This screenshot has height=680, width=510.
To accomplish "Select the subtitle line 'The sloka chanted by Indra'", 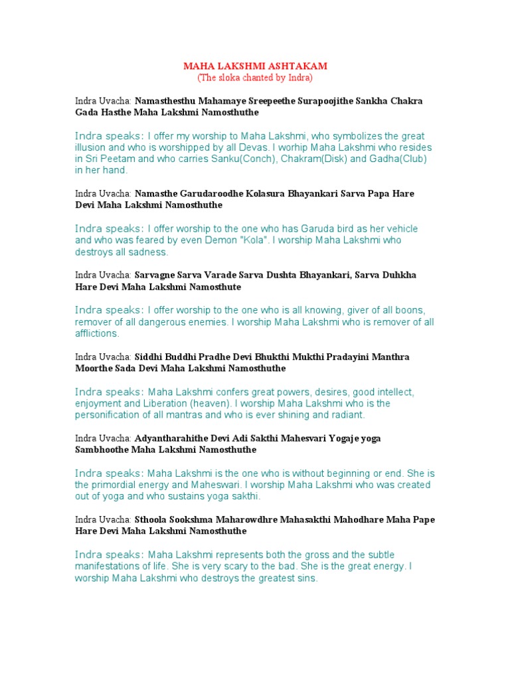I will click(255, 78).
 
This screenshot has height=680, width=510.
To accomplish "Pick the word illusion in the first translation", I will click(93, 147).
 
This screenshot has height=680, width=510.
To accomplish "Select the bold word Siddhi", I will click(149, 357).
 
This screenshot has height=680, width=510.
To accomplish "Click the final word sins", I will click(307, 578).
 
